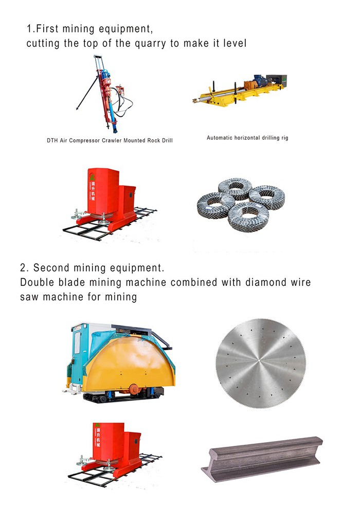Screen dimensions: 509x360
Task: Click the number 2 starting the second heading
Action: tap(23, 268)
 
